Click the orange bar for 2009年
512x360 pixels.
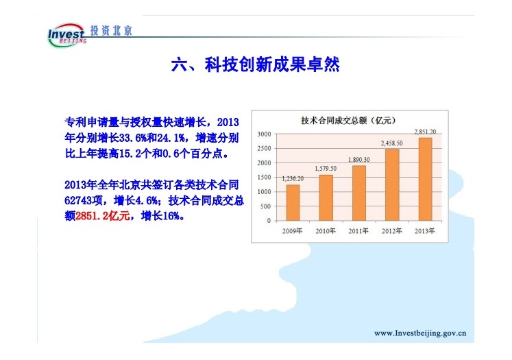click(x=293, y=203)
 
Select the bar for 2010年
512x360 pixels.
click(x=326, y=198)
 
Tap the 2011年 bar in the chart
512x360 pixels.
click(x=359, y=193)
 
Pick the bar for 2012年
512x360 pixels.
click(x=392, y=185)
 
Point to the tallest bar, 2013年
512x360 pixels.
click(x=425, y=180)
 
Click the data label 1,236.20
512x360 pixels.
click(x=293, y=179)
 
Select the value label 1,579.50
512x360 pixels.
click(x=326, y=169)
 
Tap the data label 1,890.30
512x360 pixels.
click(x=359, y=160)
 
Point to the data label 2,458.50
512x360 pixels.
click(x=392, y=143)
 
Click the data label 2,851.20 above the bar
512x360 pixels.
click(x=425, y=132)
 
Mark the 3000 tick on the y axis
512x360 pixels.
click(x=264, y=134)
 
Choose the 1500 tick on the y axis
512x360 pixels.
click(x=264, y=178)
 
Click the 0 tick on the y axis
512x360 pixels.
click(x=269, y=221)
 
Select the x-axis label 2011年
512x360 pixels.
click(x=358, y=231)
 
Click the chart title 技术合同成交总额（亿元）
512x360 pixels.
click(x=348, y=121)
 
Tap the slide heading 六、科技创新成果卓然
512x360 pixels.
click(x=256, y=64)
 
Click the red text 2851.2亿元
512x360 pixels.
click(x=103, y=216)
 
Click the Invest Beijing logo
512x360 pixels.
click(x=66, y=35)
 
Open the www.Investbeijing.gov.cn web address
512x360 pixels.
click(x=420, y=333)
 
